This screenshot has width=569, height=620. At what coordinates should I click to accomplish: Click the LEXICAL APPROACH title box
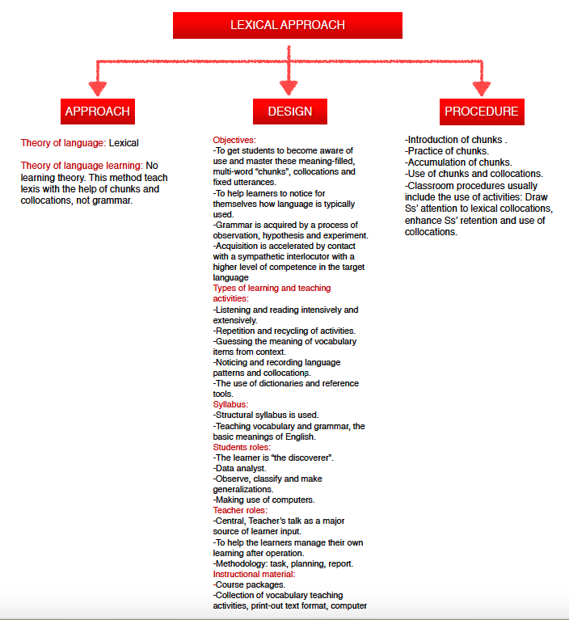pyautogui.click(x=288, y=25)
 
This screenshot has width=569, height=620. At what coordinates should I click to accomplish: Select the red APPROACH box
pyautogui.click(x=97, y=112)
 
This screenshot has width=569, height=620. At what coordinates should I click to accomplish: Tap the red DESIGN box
pyautogui.click(x=289, y=112)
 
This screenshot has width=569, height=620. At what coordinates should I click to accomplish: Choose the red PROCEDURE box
pyautogui.click(x=482, y=112)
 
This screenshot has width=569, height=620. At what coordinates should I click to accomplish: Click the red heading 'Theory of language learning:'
pyautogui.click(x=82, y=166)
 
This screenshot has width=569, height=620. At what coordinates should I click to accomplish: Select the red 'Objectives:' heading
pyautogui.click(x=234, y=140)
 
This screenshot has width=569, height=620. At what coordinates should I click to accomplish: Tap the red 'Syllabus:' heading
pyautogui.click(x=230, y=404)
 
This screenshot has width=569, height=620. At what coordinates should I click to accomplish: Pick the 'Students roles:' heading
pyautogui.click(x=242, y=447)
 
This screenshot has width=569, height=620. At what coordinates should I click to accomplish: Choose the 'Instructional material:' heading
pyautogui.click(x=254, y=574)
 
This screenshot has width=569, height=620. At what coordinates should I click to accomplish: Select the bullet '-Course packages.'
pyautogui.click(x=248, y=584)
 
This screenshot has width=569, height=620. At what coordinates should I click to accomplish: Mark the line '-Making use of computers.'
pyautogui.click(x=263, y=500)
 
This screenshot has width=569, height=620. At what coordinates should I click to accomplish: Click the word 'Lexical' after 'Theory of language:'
pyautogui.click(x=124, y=143)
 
